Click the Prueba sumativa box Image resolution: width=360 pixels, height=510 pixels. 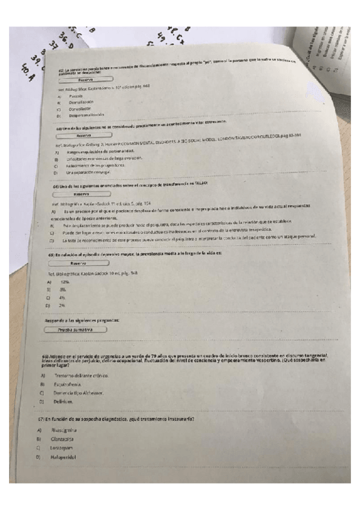coord(77,330)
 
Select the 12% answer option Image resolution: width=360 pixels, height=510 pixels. coord(65,281)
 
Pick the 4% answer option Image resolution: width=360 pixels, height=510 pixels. coord(62,298)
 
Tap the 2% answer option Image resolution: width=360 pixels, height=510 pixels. coord(62,306)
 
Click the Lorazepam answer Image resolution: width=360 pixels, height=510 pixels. coord(63,448)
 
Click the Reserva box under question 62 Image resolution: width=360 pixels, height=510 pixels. coord(85,79)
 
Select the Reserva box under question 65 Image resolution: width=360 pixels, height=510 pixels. coord(78,263)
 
